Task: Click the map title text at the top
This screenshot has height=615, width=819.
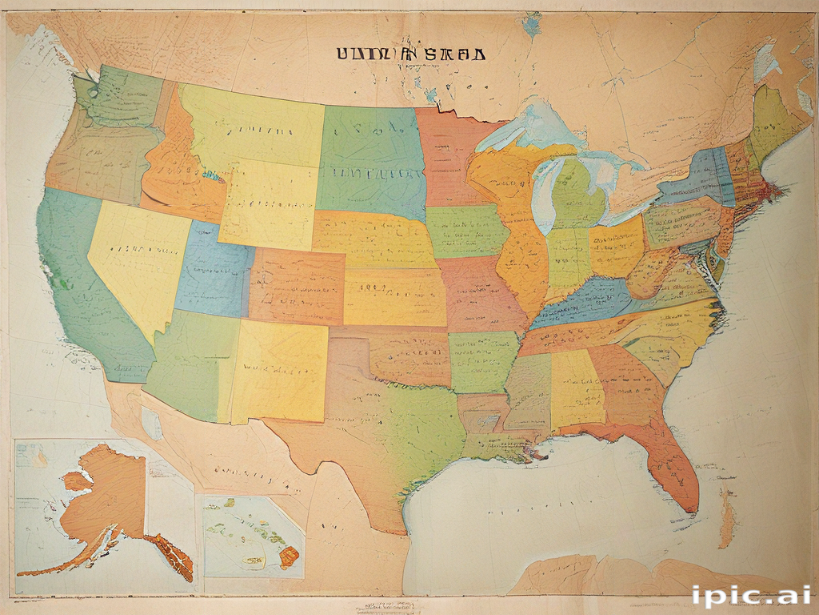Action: click(x=409, y=54)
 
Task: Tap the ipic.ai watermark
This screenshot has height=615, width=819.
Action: click(x=751, y=595)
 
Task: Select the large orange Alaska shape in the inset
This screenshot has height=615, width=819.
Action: click(x=108, y=492)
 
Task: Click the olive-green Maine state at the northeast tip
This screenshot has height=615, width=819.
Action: click(x=772, y=120)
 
